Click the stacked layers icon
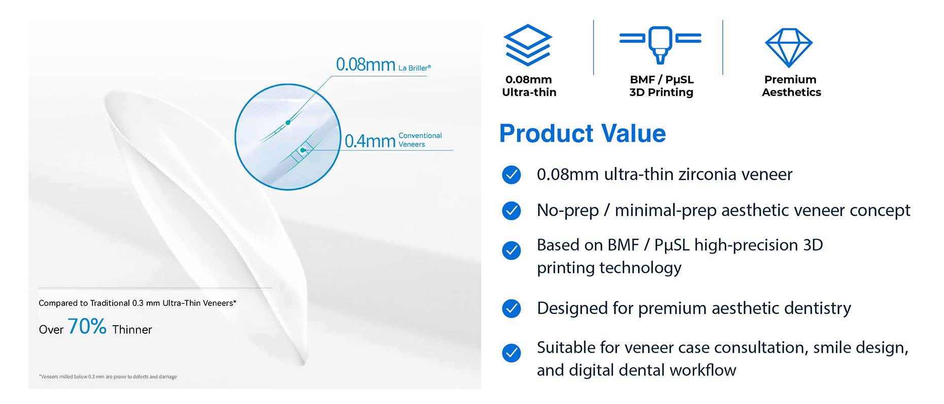point(527,45)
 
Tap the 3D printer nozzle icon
point(660,45)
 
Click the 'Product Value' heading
point(582,134)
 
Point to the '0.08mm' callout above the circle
point(365,65)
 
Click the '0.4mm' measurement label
point(370,141)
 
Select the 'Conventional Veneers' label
point(420,140)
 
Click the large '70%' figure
point(87,326)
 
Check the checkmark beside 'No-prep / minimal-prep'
point(511,210)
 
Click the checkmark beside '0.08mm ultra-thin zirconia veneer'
point(511,174)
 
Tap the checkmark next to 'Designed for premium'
point(511,308)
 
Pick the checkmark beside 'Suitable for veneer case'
point(511,353)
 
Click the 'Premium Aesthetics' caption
point(791,86)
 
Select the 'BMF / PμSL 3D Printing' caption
point(661,86)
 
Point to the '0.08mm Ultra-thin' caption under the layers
point(529,86)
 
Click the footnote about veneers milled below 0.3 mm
point(108,377)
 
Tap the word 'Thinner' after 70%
point(132,330)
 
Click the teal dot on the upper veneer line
point(288,122)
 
